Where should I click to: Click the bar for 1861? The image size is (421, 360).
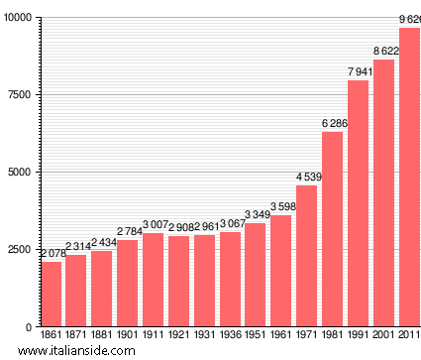tap(51, 294)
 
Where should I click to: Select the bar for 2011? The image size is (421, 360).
tap(409, 178)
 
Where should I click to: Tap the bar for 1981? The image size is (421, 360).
tap(332, 229)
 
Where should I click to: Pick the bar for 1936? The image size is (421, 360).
tap(230, 279)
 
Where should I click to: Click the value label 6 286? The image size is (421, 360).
tap(335, 123)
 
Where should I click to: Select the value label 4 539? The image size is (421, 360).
tap(308, 177)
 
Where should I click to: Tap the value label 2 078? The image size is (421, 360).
tap(52, 254)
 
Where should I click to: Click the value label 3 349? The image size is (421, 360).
tap(257, 214)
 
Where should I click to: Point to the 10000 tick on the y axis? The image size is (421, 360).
tap(17, 19)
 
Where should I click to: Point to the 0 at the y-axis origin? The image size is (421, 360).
tap(30, 326)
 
